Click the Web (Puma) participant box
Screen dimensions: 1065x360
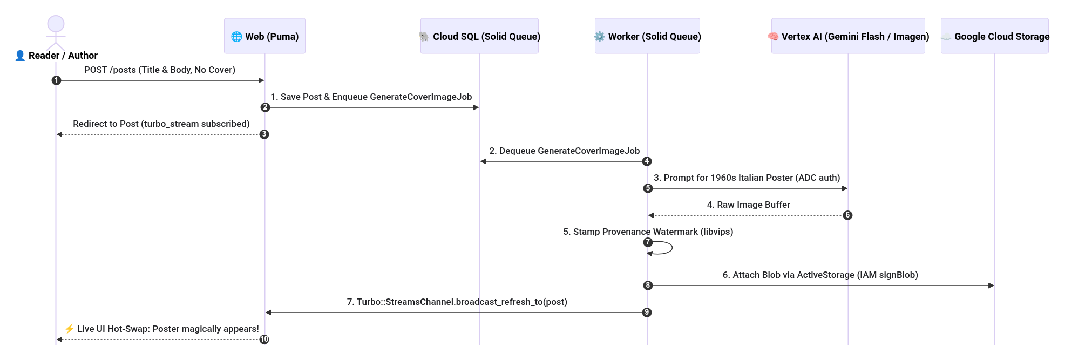point(264,36)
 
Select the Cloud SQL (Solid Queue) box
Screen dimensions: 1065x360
point(479,36)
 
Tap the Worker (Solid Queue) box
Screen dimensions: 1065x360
point(647,36)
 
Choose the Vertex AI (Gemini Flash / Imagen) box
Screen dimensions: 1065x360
point(848,36)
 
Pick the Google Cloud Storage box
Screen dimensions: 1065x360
point(995,36)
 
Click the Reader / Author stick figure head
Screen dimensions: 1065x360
point(56,24)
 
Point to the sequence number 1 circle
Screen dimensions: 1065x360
point(56,80)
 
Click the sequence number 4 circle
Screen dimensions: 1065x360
point(647,161)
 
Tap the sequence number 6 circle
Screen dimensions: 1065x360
point(847,215)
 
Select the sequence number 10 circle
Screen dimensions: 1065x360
point(264,339)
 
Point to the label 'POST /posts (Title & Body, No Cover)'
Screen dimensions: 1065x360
point(160,70)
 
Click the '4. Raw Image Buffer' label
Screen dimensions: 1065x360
point(748,205)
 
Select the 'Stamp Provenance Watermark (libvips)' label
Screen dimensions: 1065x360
point(653,232)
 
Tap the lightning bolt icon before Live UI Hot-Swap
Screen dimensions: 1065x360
point(69,329)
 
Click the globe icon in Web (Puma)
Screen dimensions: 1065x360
point(236,37)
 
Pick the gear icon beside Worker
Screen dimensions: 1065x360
point(600,37)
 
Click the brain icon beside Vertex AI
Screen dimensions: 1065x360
point(773,37)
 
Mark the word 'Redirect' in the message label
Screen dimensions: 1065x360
point(90,124)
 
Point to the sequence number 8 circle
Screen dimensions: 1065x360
point(648,286)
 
